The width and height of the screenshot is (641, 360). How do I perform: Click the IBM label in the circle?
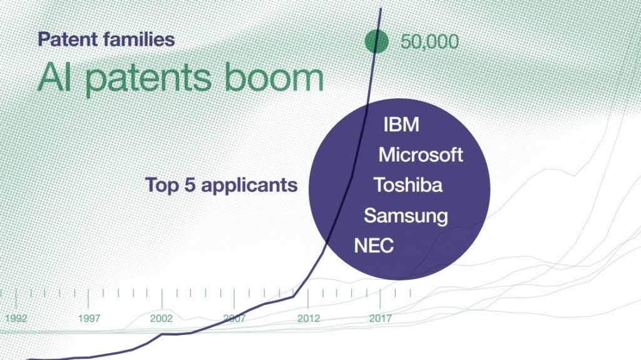[401, 125]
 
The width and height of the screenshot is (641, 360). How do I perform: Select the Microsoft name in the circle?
[421, 155]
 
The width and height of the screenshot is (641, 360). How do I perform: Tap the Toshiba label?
[408, 185]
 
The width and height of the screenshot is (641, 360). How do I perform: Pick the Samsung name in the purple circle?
[406, 216]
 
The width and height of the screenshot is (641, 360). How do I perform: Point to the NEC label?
[374, 246]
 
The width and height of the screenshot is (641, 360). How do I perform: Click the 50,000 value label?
[429, 42]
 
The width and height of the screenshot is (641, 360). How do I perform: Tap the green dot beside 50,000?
[376, 41]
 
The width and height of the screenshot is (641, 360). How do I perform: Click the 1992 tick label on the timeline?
[16, 318]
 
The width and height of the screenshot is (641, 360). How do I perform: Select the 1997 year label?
[89, 318]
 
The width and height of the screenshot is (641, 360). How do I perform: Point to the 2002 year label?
[161, 318]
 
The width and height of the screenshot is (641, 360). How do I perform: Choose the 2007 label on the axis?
[234, 318]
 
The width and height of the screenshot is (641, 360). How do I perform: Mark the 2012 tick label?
[309, 318]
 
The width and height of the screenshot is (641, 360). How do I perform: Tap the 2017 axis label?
[380, 318]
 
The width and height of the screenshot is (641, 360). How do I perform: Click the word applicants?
[249, 186]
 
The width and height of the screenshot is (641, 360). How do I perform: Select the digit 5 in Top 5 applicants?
[189, 185]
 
